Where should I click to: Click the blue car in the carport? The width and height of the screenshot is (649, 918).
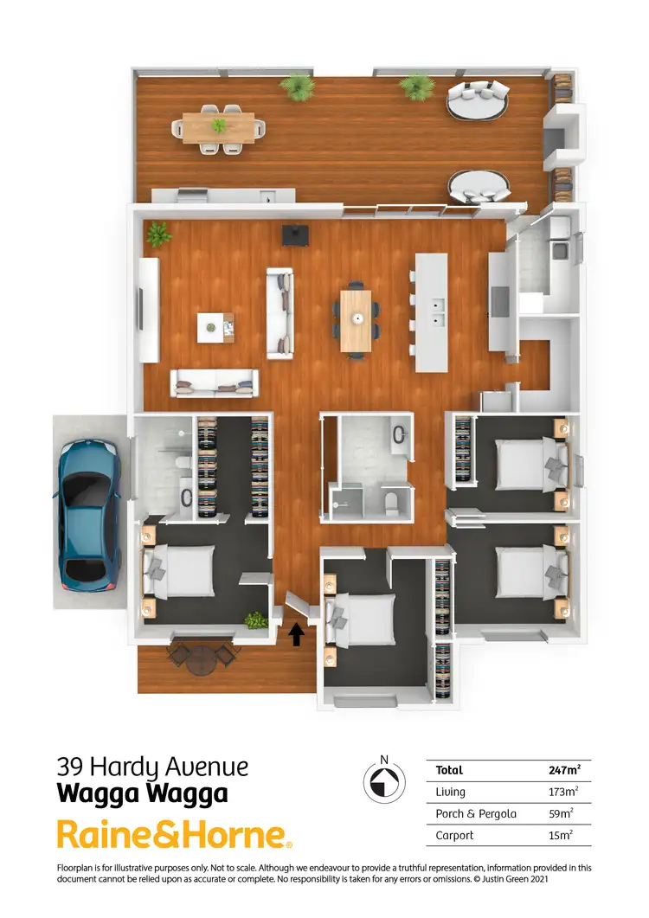pos(89,516)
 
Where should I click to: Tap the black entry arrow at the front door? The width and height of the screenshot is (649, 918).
pos(296,635)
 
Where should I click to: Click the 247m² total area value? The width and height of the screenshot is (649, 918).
pos(563,769)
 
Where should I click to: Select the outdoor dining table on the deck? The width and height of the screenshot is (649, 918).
pos(219,127)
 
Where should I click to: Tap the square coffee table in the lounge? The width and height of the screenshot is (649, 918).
pos(215,326)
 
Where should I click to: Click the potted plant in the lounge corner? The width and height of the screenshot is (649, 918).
pos(158,233)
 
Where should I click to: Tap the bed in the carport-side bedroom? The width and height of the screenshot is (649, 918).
pos(181,570)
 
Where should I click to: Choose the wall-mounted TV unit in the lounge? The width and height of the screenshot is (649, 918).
pos(146,310)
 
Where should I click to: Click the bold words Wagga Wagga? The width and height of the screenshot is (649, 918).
pos(142,793)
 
